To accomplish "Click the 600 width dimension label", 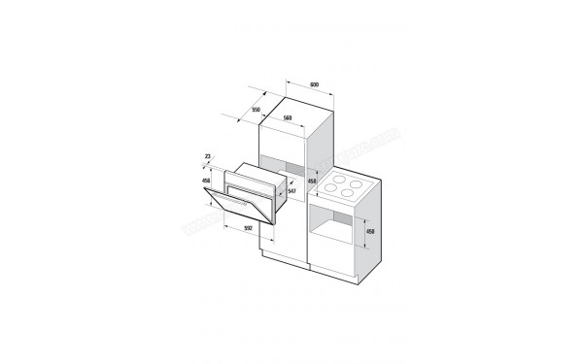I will click(x=315, y=84).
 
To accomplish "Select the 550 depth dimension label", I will click(x=257, y=109).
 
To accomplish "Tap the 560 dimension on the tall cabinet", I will click(x=288, y=118).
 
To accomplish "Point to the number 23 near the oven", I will click(x=209, y=155).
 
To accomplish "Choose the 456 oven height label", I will click(x=205, y=181).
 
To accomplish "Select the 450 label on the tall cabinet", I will click(x=312, y=181).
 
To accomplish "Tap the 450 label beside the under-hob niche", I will click(x=369, y=232).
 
